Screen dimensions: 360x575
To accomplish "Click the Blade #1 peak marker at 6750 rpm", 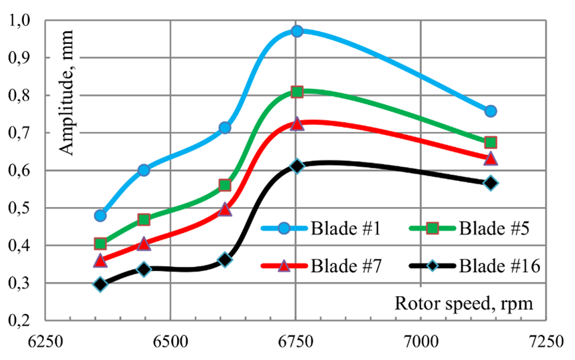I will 297,31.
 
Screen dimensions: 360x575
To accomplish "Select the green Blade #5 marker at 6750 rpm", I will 297,92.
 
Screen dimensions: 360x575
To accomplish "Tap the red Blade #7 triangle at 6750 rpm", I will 297,124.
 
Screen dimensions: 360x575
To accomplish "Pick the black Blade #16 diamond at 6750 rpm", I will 297,166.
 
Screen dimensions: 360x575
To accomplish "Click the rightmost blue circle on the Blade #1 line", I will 490,111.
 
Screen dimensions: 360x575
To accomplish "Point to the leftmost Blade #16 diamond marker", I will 100,284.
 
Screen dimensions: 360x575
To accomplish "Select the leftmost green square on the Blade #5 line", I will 100,244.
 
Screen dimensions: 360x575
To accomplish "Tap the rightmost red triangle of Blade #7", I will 490,159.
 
